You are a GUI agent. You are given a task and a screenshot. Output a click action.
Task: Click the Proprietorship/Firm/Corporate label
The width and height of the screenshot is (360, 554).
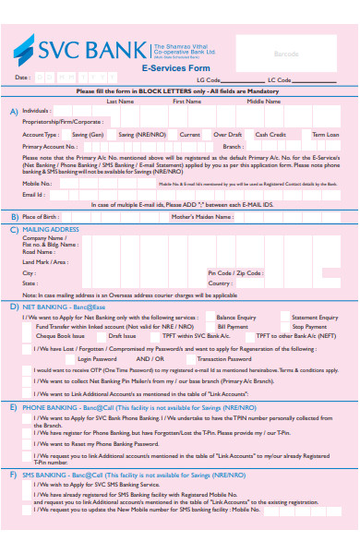point(64,121)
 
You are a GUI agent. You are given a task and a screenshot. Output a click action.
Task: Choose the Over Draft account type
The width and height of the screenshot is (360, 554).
point(228,134)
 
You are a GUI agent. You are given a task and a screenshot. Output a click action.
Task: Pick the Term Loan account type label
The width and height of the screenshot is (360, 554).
point(325,134)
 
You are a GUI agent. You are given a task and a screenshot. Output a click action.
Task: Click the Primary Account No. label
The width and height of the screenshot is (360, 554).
point(50,146)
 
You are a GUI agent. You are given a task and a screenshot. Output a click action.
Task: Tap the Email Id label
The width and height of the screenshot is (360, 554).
point(33,194)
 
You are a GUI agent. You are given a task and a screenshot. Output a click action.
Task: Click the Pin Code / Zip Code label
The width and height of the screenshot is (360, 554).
point(235,273)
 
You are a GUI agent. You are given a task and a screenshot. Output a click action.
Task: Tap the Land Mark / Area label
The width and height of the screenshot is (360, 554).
point(45,261)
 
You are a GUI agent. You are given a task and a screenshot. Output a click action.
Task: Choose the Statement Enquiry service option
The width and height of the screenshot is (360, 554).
point(315,318)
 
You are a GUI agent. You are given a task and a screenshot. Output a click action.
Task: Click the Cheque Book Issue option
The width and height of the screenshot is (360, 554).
point(58,336)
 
